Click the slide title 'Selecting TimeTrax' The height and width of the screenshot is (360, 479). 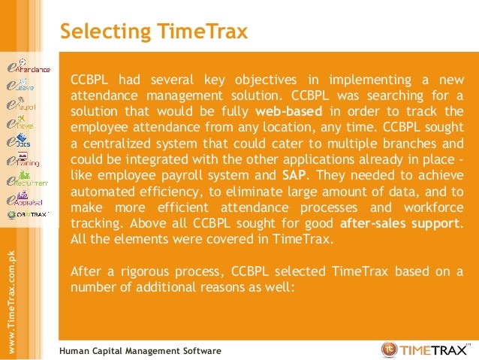(x=153, y=32)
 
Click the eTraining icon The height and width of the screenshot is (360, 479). (x=23, y=159)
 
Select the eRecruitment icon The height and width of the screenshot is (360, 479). (x=27, y=180)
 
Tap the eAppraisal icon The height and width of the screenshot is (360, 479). (x=24, y=199)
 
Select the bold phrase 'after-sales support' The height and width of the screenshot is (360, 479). (x=401, y=223)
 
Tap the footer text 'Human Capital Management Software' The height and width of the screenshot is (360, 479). (x=140, y=351)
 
